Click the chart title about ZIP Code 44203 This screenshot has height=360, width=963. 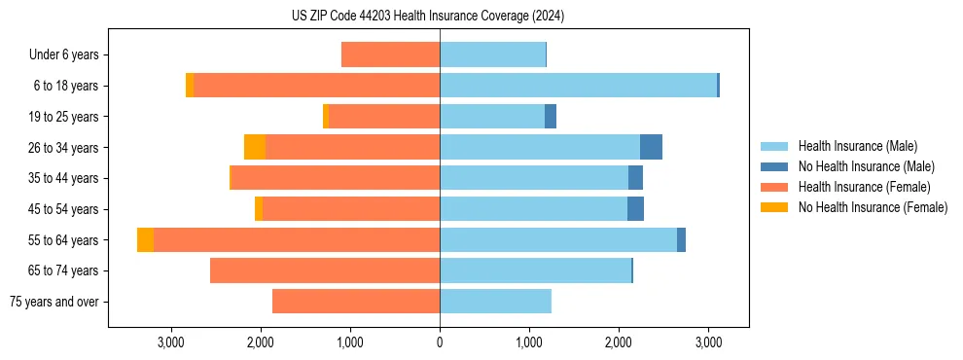tap(428, 17)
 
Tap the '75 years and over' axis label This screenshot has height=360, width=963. tap(53, 302)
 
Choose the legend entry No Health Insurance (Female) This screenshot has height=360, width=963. tap(873, 207)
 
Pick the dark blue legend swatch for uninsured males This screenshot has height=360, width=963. tap(774, 166)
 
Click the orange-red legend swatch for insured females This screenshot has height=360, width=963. tap(774, 187)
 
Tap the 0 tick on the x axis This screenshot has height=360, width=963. tap(440, 342)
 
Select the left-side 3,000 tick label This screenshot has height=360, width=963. tap(171, 342)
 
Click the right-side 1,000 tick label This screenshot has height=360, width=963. tap(529, 342)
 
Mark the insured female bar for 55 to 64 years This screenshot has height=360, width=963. tap(297, 240)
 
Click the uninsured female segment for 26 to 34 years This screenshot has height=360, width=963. tap(255, 148)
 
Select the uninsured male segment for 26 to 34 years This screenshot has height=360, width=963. tap(651, 148)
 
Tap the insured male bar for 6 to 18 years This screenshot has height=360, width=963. tap(578, 86)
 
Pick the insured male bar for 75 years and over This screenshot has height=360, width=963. tap(495, 302)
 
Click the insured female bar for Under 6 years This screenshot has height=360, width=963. tap(390, 55)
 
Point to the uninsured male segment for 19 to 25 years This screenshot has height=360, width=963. tap(551, 117)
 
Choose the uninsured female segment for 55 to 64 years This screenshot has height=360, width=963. tap(145, 240)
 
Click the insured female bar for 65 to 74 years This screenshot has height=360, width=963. tap(325, 270)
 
